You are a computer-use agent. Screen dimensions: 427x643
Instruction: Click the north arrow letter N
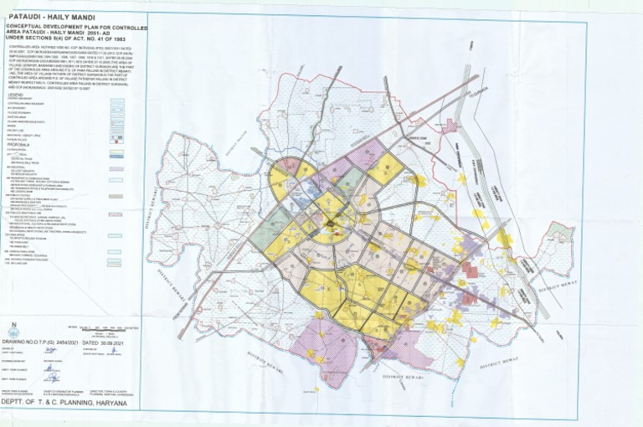(13, 325)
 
